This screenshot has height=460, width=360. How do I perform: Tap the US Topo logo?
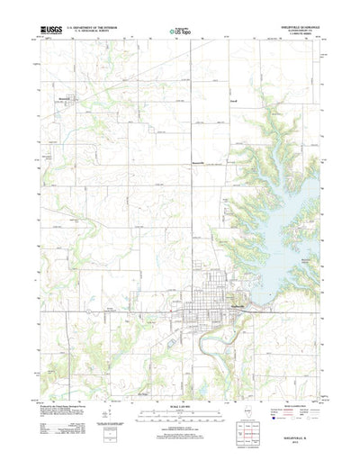(179, 31)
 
